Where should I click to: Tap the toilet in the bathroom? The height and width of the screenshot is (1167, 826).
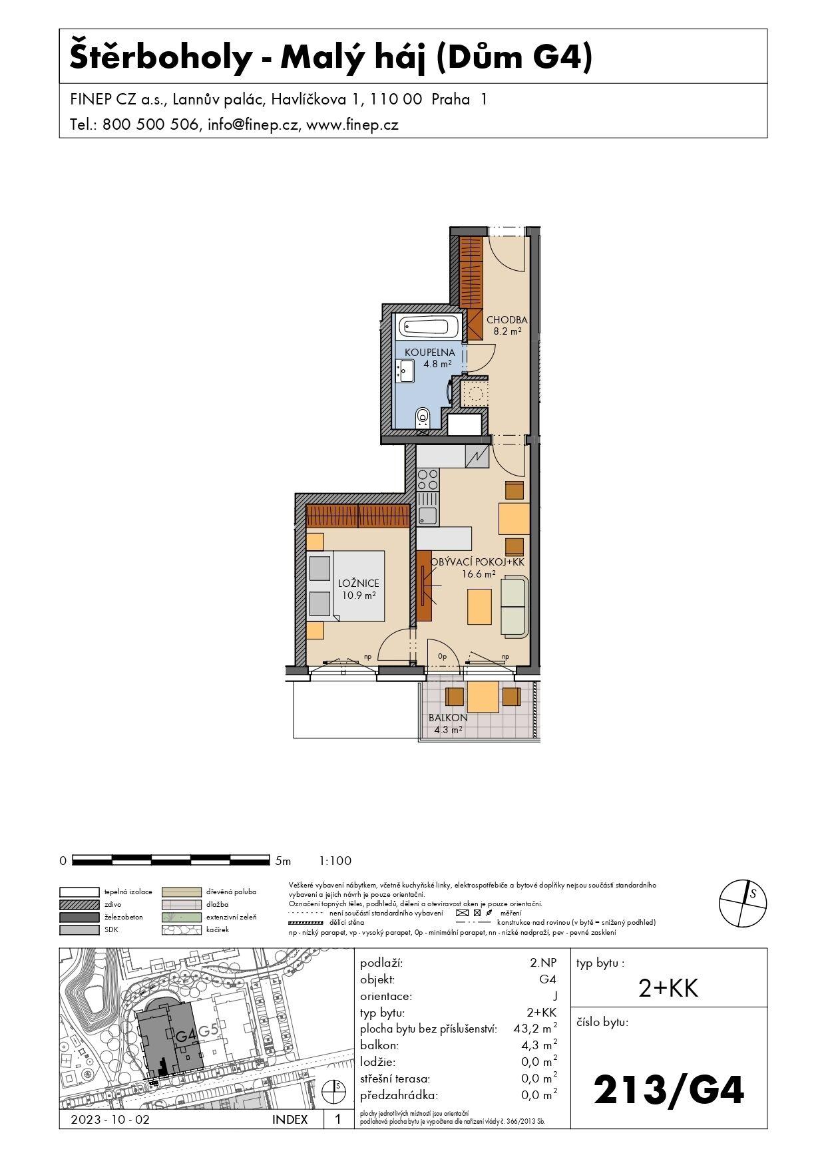point(422,418)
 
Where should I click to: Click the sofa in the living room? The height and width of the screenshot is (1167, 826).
point(513,606)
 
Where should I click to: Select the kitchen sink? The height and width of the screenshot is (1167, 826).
point(427,516)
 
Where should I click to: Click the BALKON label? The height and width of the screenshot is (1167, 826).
point(447,718)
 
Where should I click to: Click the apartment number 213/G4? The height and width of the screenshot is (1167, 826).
point(668,1090)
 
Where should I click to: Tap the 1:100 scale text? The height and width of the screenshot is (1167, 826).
point(335,861)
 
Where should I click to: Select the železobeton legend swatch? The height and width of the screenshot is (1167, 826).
point(79,917)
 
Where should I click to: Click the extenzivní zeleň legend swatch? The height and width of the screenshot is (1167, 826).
point(181,917)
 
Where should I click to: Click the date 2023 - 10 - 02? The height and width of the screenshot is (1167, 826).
point(110,1120)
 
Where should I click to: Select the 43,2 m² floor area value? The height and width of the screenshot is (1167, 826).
point(535,1029)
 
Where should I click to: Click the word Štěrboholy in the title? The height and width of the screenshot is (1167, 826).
point(160,58)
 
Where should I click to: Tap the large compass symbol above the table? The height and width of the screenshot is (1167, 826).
point(742,903)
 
